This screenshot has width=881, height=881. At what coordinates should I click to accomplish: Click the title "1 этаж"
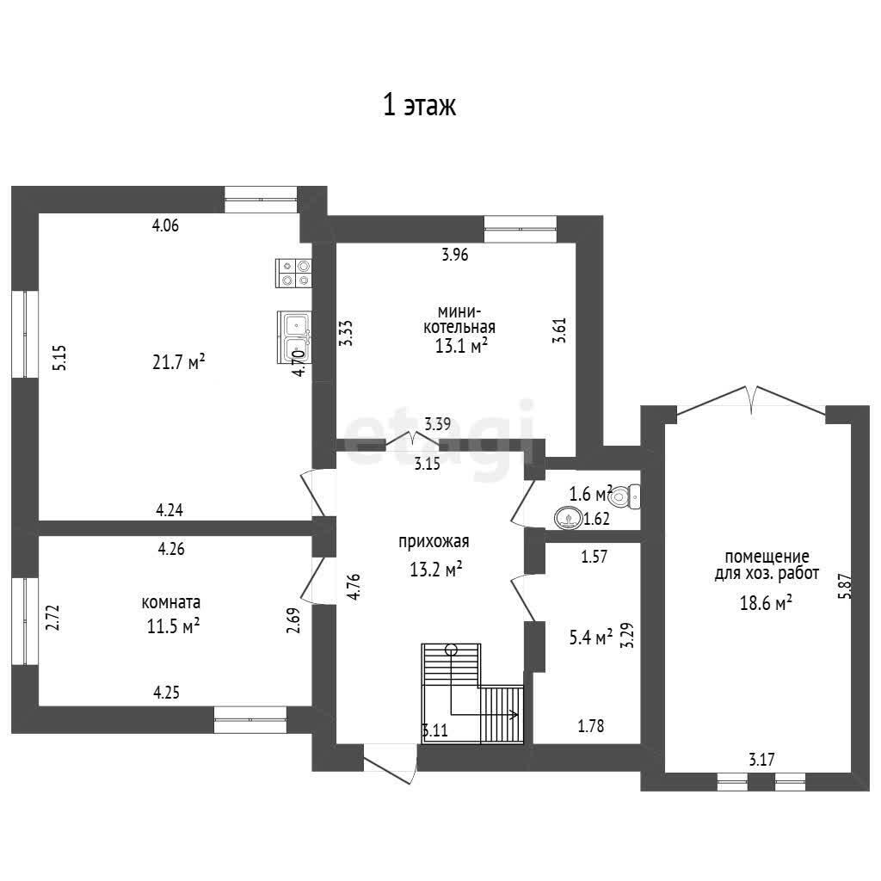[419, 106]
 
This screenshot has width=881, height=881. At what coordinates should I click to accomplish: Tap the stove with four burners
[294, 273]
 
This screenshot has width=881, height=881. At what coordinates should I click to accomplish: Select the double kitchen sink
[294, 337]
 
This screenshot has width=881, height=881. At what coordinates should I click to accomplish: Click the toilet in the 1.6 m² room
[624, 496]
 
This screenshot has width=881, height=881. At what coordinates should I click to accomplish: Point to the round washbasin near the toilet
[568, 518]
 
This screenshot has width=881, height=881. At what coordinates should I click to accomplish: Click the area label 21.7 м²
[178, 362]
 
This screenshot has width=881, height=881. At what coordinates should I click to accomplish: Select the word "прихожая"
[434, 542]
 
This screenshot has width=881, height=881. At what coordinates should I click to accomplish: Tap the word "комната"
[171, 603]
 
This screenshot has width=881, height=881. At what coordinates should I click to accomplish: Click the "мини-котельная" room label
[459, 319]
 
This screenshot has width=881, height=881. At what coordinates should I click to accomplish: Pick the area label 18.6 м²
[766, 603]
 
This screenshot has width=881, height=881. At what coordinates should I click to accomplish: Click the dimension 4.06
[166, 226]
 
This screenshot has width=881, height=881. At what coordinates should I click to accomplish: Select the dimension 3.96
[454, 255]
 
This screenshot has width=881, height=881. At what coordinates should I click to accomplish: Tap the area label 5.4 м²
[590, 638]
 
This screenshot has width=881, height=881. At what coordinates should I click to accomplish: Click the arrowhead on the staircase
[514, 715]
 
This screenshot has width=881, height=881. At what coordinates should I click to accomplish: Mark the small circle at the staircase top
[451, 650]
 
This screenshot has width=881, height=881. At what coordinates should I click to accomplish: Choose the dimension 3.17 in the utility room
[761, 761]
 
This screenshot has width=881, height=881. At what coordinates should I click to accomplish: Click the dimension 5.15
[59, 357]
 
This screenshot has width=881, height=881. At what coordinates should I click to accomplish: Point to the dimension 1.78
[591, 726]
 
